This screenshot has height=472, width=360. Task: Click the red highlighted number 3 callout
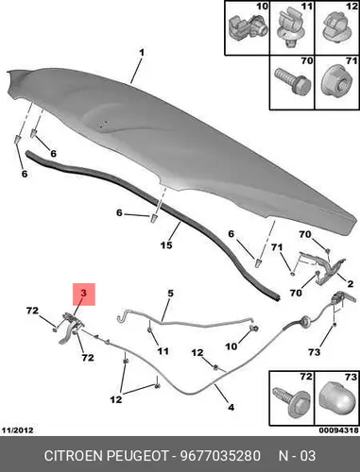pyautogui.click(x=83, y=294)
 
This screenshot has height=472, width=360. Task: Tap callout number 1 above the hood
pyautogui.click(x=142, y=53)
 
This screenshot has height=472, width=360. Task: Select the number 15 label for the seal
pyautogui.click(x=166, y=244)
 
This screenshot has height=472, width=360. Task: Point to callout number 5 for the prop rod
pyautogui.click(x=170, y=294)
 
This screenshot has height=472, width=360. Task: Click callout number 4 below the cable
pyautogui.click(x=231, y=407)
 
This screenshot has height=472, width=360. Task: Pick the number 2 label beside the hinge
pyautogui.click(x=351, y=284)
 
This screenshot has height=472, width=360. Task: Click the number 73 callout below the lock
pyautogui.click(x=315, y=352)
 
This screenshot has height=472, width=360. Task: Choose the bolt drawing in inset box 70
pyautogui.click(x=293, y=81)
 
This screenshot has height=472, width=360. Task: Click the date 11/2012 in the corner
pyautogui.click(x=17, y=430)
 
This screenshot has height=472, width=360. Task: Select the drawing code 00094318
pyautogui.click(x=339, y=430)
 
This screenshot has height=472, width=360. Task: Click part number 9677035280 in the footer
pyautogui.click(x=220, y=456)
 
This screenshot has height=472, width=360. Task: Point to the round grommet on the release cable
pyautogui.click(x=305, y=321)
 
